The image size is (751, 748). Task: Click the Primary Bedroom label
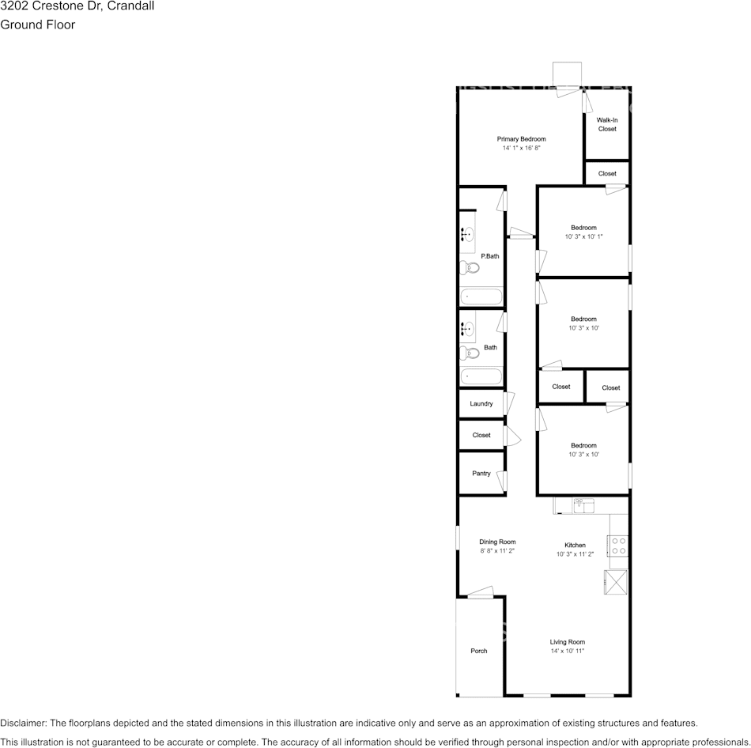coord(521,139)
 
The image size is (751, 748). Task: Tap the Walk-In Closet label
coord(607,124)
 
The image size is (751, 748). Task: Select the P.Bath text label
coord(490,256)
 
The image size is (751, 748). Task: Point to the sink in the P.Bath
coord(466,234)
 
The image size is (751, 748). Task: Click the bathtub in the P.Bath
coord(481,297)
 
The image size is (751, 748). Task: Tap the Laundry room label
coord(481,404)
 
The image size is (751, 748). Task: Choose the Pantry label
coord(481,474)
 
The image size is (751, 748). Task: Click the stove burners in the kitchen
coord(618,546)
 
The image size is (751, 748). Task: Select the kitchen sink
coord(583,504)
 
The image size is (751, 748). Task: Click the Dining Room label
coord(497,542)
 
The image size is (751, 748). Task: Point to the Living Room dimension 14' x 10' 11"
coord(568,651)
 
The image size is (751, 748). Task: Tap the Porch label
coord(479,651)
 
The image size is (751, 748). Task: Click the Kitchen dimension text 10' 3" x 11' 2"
coord(575,554)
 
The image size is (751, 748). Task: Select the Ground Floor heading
coord(38,25)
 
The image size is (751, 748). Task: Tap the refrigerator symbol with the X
coord(617,581)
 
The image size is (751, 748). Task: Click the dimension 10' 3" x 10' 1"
coord(584,236)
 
